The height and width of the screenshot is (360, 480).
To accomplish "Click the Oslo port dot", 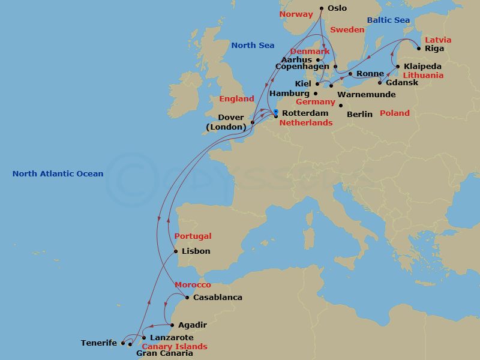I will tap(322, 8).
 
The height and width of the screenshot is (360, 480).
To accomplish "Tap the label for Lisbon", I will tap(196, 251).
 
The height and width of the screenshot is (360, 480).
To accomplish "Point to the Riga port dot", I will tap(419, 48).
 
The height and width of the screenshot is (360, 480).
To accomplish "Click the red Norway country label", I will tap(296, 13).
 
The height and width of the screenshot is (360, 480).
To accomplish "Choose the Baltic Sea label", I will tap(388, 20).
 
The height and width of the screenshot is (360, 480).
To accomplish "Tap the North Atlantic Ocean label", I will tap(58, 174).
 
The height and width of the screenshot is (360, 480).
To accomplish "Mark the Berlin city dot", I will tap(341, 106).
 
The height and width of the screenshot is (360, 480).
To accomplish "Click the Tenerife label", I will tap(99, 343).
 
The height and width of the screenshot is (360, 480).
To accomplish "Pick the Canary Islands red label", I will tap(174, 347).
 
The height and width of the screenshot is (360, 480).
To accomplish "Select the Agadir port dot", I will tap(173, 325).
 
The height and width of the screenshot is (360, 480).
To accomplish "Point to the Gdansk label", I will tap(402, 83).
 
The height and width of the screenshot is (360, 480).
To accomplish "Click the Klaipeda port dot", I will tap(398, 66).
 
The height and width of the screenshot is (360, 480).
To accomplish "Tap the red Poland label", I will tap(395, 113).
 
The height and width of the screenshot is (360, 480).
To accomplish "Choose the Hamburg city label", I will tap(289, 94).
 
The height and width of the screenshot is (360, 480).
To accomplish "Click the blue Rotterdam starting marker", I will tap(275, 112).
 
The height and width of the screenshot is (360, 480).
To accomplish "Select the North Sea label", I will tap(253, 46).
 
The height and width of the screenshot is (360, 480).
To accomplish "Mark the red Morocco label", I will tap(193, 285).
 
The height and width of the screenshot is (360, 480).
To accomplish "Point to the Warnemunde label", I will tap(367, 95).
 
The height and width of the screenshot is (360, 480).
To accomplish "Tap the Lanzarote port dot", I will tap(144, 338).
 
